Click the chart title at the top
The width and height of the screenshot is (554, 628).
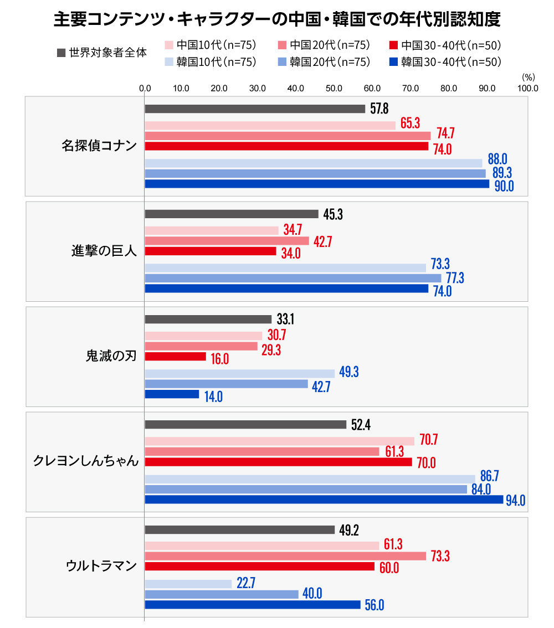[277, 19]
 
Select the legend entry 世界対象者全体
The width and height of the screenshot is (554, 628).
[103, 53]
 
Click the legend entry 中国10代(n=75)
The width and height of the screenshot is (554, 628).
[211, 45]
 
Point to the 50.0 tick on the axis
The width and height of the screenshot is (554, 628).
[334, 87]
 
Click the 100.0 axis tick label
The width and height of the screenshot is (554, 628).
[527, 87]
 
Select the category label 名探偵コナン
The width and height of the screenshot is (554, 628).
[99, 146]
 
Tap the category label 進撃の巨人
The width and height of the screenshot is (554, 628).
[104, 251]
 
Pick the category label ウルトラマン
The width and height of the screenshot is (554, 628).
[101, 566]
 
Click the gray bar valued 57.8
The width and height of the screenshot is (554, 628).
[255, 109]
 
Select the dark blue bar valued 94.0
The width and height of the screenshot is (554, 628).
[324, 500]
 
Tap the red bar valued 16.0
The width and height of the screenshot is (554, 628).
[175, 357]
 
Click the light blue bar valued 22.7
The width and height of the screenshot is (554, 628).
[188, 584]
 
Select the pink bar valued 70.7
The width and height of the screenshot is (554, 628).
[279, 441]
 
